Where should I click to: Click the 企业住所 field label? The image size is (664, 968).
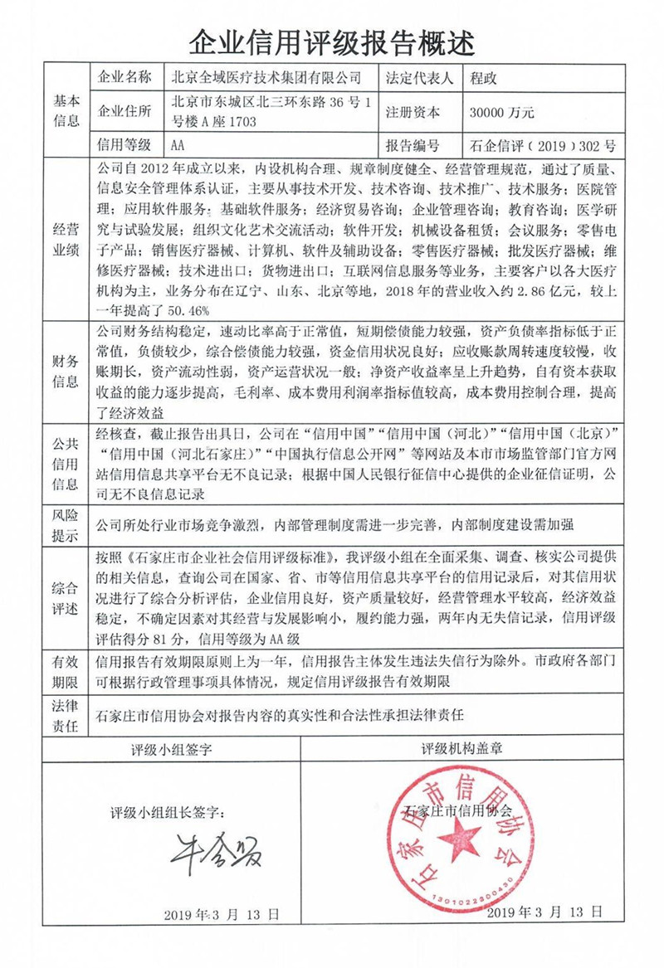click(x=124, y=112)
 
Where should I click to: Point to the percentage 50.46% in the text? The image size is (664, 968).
click(x=188, y=309)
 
